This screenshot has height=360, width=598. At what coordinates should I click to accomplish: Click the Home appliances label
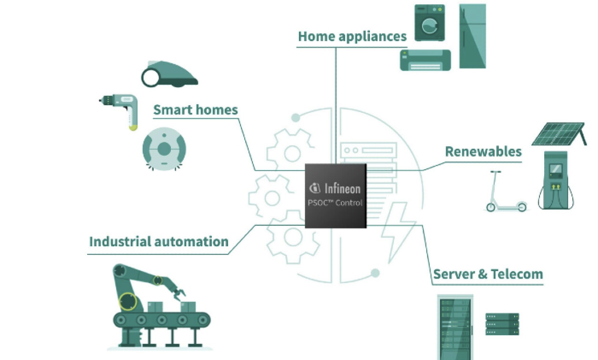click(x=352, y=37)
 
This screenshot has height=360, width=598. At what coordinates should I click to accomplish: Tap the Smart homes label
click(x=195, y=110)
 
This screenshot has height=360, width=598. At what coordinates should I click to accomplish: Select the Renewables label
click(x=483, y=151)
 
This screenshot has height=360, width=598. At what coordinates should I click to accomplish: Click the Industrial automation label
click(x=159, y=241)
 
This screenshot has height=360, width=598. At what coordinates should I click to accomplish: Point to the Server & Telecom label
click(x=488, y=274)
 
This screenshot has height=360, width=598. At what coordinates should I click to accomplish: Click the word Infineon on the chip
click(x=342, y=188)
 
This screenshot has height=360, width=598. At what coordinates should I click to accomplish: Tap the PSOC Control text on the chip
click(x=335, y=203)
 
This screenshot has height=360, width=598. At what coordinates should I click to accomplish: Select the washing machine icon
click(x=429, y=23)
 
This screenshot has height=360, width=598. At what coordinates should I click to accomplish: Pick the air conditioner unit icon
click(x=425, y=60)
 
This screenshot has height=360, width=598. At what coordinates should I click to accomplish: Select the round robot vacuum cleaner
click(x=164, y=149)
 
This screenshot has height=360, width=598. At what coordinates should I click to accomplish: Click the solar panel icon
click(x=558, y=134)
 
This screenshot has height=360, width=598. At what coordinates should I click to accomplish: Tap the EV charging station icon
click(x=556, y=181)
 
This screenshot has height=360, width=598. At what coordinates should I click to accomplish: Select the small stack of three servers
click(x=502, y=324)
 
